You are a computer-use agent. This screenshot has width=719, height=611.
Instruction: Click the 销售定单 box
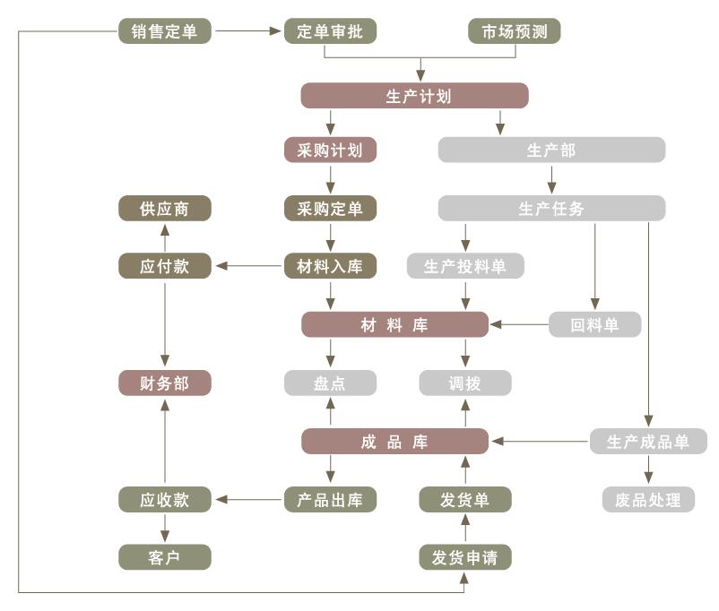tap(165, 31)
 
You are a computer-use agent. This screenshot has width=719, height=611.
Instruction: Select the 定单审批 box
tap(330, 31)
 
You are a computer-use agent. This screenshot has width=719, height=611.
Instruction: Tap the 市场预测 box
tap(514, 31)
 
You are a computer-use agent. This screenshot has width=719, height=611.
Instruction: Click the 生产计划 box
tap(414, 96)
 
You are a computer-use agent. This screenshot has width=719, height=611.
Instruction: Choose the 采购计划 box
tap(330, 150)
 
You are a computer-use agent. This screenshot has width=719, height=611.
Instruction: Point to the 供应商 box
tap(165, 209)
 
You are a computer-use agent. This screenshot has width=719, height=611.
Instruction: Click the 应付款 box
tap(165, 266)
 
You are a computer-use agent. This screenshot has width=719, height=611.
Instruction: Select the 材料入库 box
tap(330, 266)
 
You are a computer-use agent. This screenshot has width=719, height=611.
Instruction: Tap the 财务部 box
tap(165, 383)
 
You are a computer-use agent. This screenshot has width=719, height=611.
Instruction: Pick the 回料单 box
tap(594, 324)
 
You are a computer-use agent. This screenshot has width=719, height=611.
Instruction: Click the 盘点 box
tap(330, 383)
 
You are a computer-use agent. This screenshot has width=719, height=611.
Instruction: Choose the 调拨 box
tap(465, 383)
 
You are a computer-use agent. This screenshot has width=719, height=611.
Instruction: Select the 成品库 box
tap(394, 442)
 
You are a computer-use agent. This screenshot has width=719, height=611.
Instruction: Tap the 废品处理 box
tap(648, 500)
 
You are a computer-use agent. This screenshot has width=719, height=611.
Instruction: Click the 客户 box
tap(165, 557)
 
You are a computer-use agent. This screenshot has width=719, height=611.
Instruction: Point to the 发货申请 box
tap(465, 557)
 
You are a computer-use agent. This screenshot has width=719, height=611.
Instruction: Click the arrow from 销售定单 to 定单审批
tap(248, 31)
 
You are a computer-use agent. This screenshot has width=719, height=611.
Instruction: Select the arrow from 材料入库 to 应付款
tap(248, 266)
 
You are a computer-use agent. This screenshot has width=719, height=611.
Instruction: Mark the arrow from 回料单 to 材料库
tap(519, 324)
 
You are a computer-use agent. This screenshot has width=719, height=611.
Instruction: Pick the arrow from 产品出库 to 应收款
tap(248, 500)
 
